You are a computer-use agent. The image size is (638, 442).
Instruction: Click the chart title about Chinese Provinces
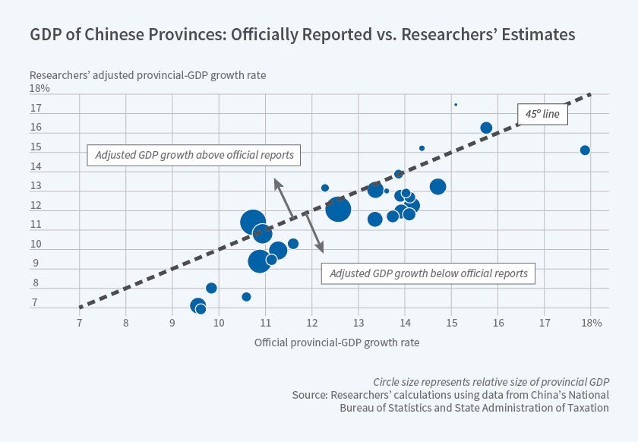click(302, 35)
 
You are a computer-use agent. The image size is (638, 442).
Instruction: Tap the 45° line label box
click(542, 114)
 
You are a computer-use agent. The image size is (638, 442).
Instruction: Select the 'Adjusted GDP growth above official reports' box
click(194, 155)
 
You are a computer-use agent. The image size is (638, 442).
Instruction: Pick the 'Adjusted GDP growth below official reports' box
click(428, 273)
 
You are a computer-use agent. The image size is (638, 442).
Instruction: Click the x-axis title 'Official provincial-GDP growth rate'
click(336, 343)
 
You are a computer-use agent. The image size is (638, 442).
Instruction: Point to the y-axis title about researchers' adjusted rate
click(148, 75)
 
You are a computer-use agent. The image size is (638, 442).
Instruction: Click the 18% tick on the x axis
click(591, 323)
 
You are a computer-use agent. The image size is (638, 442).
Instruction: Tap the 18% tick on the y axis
click(39, 89)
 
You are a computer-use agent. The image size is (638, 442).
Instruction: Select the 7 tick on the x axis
click(80, 323)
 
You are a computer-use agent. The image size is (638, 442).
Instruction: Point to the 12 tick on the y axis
click(35, 206)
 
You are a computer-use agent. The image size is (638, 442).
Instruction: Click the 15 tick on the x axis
click(451, 323)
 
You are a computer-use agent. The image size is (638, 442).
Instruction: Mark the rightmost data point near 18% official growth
click(585, 150)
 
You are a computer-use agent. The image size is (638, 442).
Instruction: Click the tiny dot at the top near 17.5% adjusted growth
click(456, 105)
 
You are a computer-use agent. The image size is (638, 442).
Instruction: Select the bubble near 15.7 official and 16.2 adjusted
click(486, 128)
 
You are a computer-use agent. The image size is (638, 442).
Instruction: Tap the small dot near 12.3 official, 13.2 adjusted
click(325, 188)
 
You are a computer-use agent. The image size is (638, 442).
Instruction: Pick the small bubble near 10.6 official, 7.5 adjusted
click(246, 297)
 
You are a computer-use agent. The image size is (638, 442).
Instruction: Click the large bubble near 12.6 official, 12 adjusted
click(338, 209)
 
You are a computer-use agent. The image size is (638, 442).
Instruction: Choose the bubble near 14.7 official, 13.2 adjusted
click(437, 187)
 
